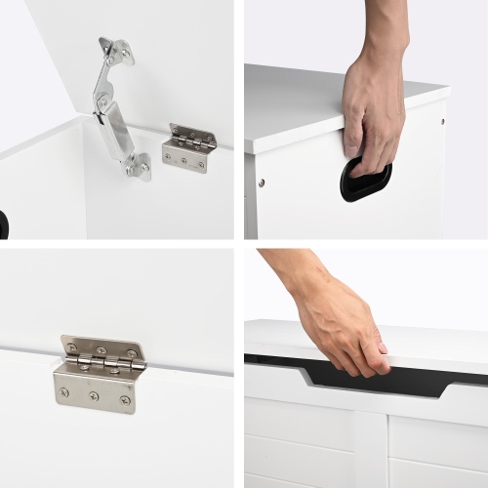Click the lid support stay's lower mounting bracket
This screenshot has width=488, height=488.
point(138,166)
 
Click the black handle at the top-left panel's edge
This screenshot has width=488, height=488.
point(3,224)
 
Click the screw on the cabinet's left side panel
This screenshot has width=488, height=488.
point(261,182)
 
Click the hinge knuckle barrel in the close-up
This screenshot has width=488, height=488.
point(102,363)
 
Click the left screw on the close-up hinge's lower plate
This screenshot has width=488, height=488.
point(64,392)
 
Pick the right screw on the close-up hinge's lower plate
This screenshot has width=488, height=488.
point(125,400)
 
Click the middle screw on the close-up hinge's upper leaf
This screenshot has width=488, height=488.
point(101,349)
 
